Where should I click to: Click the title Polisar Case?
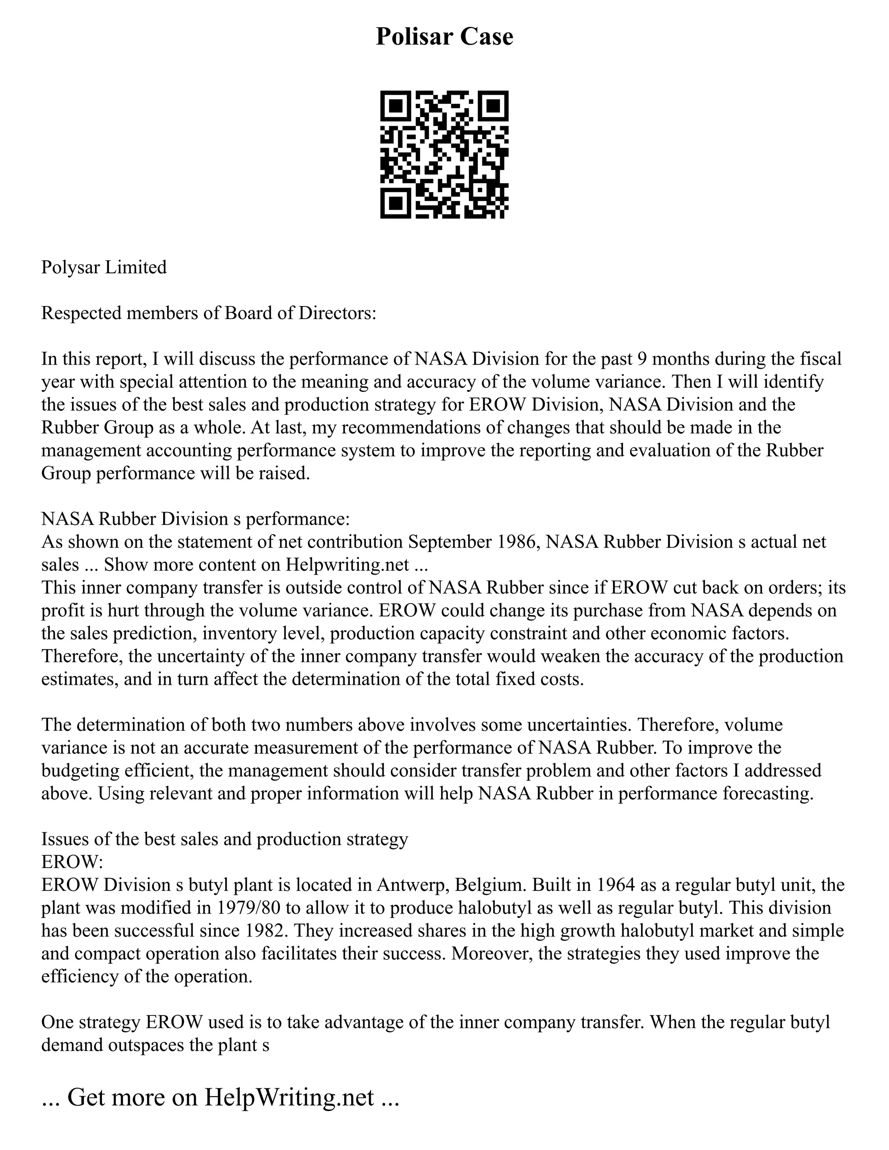coord(444,37)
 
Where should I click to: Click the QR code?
coord(444,155)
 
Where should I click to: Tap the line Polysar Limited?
coord(104,267)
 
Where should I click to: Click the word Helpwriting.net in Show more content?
coord(347,565)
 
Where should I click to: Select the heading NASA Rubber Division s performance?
coord(195,519)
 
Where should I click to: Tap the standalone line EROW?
coord(72,862)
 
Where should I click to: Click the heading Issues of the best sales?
coord(224,839)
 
